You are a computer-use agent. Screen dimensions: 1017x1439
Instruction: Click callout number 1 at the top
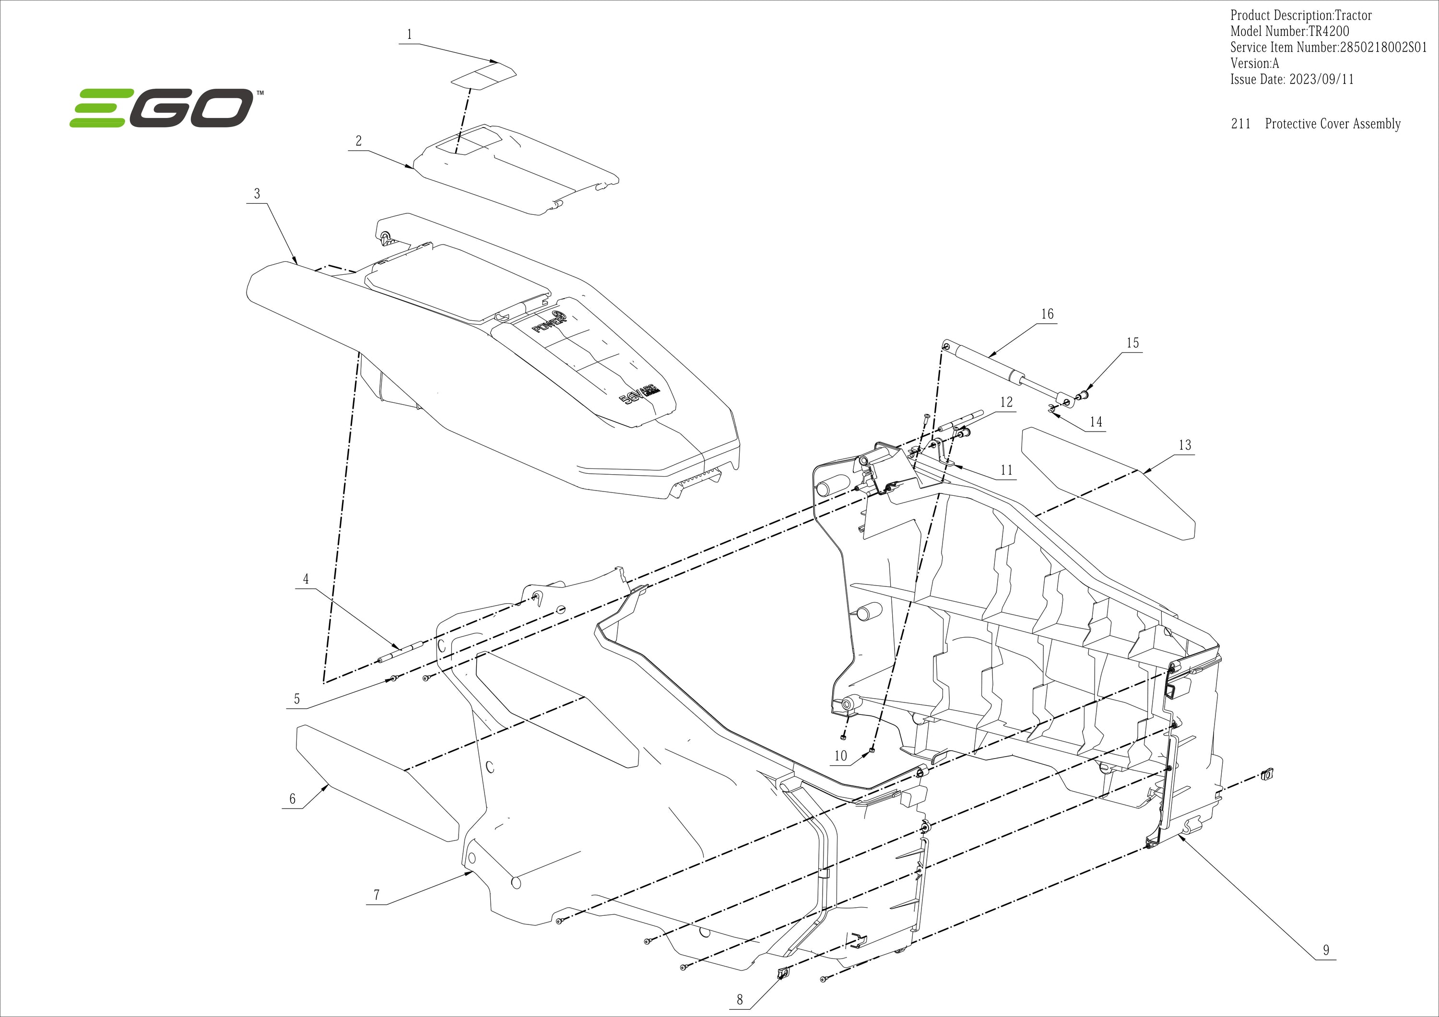[x=409, y=35]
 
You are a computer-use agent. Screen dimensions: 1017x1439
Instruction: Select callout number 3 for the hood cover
[x=257, y=194]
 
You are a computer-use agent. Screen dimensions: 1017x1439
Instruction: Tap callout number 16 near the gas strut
[x=1047, y=314]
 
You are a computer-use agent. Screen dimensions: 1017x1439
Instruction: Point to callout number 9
[x=1326, y=950]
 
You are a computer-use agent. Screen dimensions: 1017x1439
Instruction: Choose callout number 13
[x=1185, y=445]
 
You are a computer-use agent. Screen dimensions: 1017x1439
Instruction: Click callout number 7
[x=377, y=895]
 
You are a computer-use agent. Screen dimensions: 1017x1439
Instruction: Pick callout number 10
[x=840, y=756]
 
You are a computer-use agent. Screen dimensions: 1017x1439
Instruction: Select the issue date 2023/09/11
[x=1321, y=80]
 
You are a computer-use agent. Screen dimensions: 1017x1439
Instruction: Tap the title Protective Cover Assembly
[x=1333, y=124]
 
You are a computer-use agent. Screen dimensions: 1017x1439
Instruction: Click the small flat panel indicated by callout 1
[x=484, y=76]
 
